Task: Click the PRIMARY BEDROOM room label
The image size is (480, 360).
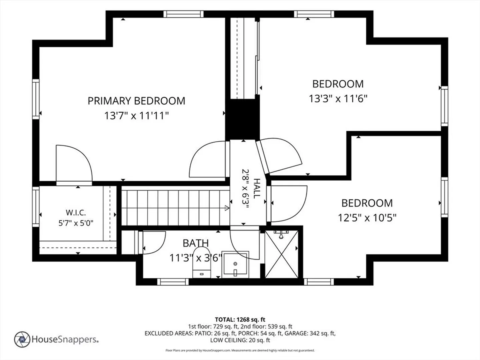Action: point(136,101)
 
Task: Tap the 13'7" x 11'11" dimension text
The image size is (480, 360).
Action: point(136,116)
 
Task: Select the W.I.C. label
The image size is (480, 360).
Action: point(76,212)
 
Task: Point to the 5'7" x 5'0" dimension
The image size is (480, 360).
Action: point(76,223)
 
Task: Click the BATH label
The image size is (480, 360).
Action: point(196,243)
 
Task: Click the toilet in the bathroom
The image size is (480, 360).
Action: point(202,262)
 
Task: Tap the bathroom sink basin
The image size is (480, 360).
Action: point(235,265)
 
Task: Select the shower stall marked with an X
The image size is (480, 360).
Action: point(281,254)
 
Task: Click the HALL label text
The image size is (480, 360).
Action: point(257,188)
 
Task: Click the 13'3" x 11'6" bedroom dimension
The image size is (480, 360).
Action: point(338,99)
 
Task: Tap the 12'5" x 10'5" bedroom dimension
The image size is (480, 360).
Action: point(367,218)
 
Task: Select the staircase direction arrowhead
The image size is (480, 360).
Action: point(227,208)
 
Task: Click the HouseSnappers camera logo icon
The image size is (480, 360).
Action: point(22,339)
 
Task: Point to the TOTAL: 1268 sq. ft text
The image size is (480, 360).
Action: point(240,320)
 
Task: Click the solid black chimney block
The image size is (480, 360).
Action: point(243,119)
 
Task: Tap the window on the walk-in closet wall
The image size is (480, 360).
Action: point(36,207)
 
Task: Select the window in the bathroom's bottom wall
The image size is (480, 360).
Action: point(173,282)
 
